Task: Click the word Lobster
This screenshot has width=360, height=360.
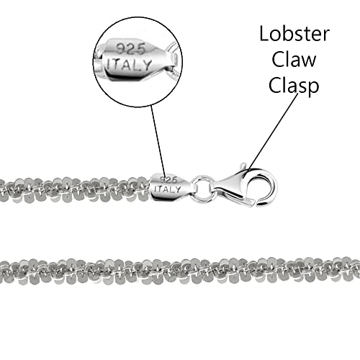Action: click(294, 34)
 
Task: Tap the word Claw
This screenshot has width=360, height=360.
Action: click(294, 60)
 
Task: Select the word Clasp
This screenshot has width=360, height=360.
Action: click(294, 86)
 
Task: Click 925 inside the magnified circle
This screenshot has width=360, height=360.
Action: click(131, 49)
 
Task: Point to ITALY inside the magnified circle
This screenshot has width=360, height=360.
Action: click(129, 65)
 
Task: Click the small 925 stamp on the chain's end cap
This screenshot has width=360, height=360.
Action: click(168, 179)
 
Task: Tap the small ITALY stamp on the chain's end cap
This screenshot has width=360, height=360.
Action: click(168, 189)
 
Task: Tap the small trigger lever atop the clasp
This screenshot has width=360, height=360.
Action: click(243, 166)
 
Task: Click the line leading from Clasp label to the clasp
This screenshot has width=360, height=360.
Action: click(273, 131)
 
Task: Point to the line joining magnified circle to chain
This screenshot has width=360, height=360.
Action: click(158, 141)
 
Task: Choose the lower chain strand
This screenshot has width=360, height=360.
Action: click(180, 270)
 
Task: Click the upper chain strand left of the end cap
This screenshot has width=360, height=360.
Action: click(74, 189)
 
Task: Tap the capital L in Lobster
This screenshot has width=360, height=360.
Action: click(264, 34)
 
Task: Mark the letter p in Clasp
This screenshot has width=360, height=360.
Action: click(314, 88)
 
